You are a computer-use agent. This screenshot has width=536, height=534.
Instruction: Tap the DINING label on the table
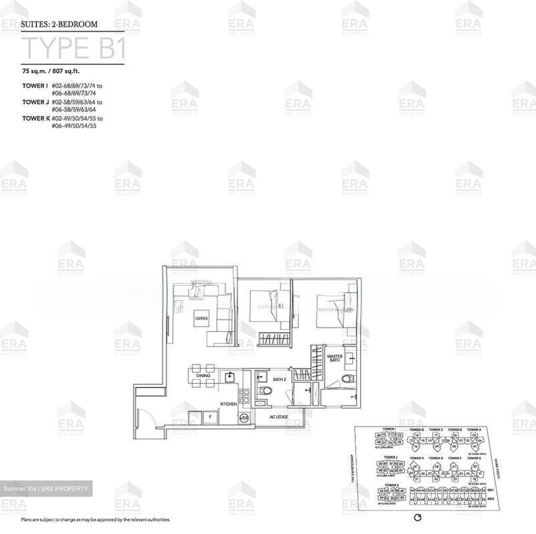(x=203, y=376)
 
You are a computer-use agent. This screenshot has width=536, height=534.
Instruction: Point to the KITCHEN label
(x=229, y=404)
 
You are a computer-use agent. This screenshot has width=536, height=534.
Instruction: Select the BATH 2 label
(x=279, y=380)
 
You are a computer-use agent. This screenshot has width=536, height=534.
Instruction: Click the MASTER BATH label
(x=334, y=358)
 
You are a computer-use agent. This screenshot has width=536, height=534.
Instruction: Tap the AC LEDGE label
(x=279, y=417)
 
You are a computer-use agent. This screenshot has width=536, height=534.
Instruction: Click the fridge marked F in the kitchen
(x=210, y=417)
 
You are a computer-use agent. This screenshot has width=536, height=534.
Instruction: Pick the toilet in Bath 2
(x=266, y=391)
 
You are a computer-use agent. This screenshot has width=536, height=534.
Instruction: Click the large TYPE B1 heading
(x=74, y=48)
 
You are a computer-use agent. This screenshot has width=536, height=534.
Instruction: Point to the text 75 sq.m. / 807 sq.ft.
(x=51, y=71)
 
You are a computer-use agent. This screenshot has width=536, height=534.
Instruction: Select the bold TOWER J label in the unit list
(x=35, y=102)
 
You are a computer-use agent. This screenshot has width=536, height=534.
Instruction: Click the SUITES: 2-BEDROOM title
(x=59, y=24)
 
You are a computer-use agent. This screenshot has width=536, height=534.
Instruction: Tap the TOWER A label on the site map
(x=474, y=430)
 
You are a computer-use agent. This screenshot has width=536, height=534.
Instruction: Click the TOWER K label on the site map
(x=392, y=485)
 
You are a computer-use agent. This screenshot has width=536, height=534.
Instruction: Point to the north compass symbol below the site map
(x=418, y=518)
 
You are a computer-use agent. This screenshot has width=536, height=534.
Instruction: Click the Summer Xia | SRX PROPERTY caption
(x=46, y=488)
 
